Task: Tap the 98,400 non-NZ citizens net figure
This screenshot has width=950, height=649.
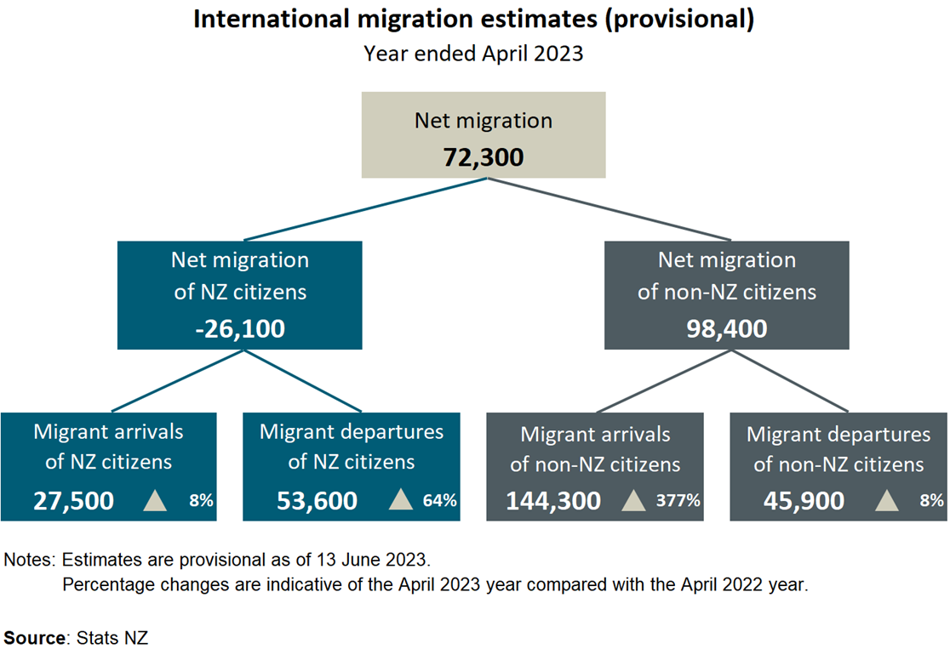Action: pyautogui.click(x=726, y=328)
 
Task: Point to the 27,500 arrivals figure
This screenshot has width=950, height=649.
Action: pyautogui.click(x=73, y=501)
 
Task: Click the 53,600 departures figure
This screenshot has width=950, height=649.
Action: pyautogui.click(x=317, y=501)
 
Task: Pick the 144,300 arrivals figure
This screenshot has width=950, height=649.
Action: pyautogui.click(x=553, y=501)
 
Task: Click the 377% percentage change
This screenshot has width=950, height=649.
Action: pyautogui.click(x=678, y=501)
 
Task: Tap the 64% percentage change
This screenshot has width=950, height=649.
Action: pyautogui.click(x=439, y=501)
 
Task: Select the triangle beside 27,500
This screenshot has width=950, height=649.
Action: pyautogui.click(x=155, y=500)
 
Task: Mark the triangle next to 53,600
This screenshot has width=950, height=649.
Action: pyautogui.click(x=400, y=500)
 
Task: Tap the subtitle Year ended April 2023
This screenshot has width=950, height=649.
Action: pyautogui.click(x=473, y=53)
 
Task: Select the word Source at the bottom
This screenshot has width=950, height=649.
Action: pyautogui.click(x=37, y=636)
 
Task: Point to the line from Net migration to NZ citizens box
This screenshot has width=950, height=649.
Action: pyautogui.click(x=366, y=209)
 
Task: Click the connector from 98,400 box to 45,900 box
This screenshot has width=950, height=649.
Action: pyautogui.click(x=787, y=380)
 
